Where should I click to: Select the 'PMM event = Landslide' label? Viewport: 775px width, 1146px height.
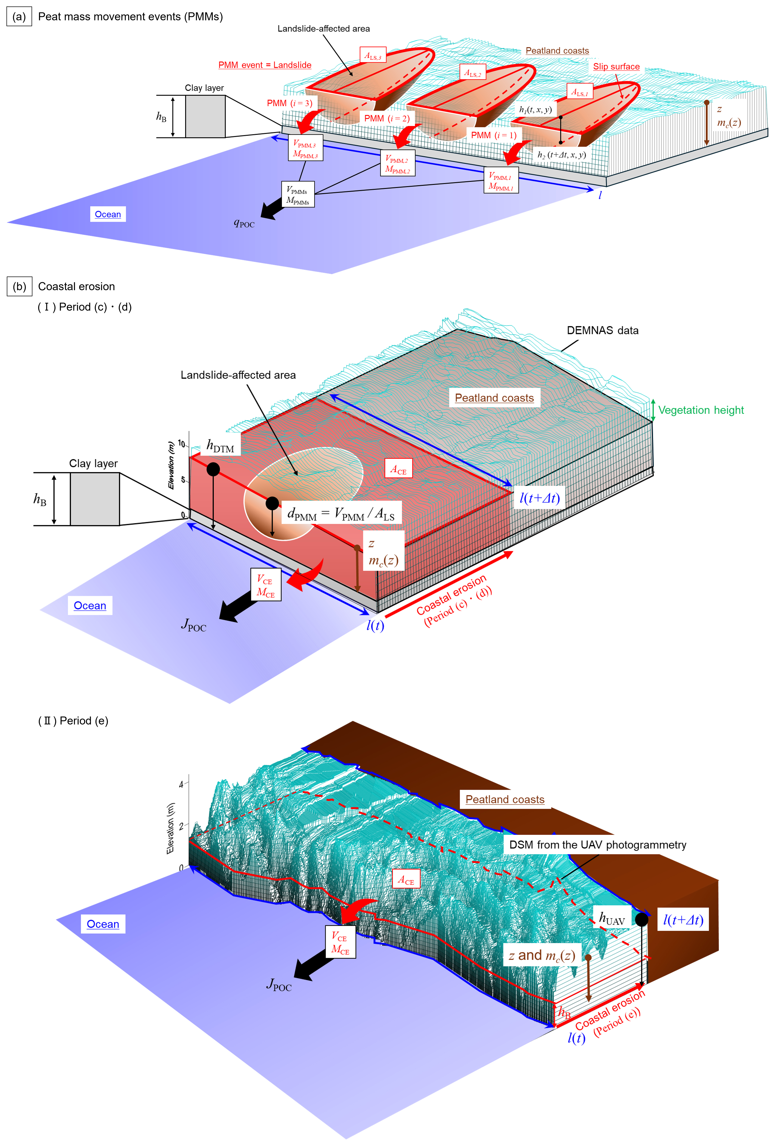pos(265,65)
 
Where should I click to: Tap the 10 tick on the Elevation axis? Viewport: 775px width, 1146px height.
pos(181,444)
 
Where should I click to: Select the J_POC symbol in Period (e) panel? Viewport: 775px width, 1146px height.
pos(279,985)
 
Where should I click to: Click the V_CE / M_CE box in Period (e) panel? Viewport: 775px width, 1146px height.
pos(340,942)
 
